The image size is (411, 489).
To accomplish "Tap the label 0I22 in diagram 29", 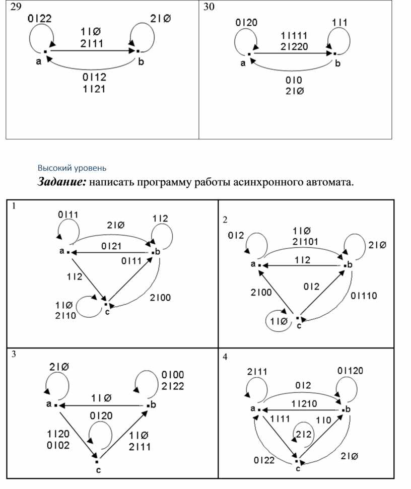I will pos(39,19).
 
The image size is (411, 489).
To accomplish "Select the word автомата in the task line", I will pos(327,182).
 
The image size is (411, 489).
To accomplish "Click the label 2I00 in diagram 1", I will pos(160,298).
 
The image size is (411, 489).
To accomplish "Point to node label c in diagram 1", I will pos(108,312).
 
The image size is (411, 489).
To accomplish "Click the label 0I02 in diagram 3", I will pos(58,445).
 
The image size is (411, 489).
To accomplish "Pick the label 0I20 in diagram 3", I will pos(101,415).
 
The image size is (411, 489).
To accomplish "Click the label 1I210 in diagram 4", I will pos(304,403).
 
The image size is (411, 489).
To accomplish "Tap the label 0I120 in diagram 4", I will pos(351,371).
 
